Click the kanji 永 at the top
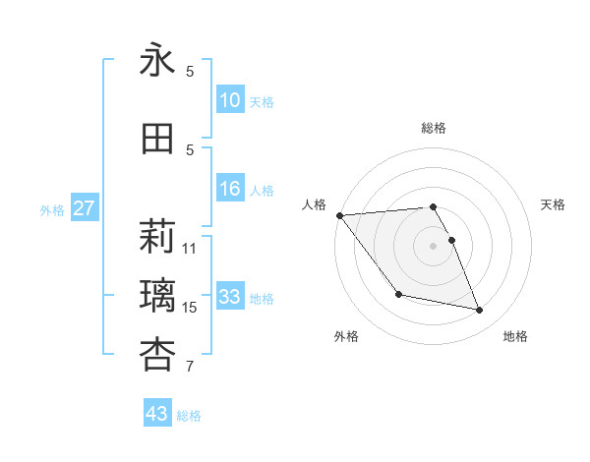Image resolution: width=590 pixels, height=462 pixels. tap(157, 61)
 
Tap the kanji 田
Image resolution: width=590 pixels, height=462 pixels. tap(157, 139)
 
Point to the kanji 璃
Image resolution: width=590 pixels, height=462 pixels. tap(157, 295)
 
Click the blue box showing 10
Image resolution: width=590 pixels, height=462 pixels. tap(230, 100)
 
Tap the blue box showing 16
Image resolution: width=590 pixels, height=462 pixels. tap(230, 189)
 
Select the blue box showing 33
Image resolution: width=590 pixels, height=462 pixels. tap(230, 297)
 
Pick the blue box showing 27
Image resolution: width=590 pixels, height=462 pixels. tap(85, 208)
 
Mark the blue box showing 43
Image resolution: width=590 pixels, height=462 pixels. tap(157, 414)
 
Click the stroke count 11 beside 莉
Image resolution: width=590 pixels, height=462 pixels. tap(190, 248)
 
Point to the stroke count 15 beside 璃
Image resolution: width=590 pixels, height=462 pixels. tap(190, 308)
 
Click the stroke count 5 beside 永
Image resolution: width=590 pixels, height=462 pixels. tap(190, 71)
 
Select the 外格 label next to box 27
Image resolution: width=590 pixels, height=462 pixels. tap(52, 209)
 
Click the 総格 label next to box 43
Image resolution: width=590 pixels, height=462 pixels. tap(189, 416)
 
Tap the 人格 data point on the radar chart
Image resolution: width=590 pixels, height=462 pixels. tap(339, 215)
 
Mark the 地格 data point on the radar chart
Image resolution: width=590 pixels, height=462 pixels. tap(480, 311)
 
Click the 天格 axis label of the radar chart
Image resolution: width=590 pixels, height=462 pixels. tap(554, 204)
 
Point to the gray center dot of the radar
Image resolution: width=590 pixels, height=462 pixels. tap(433, 245)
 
